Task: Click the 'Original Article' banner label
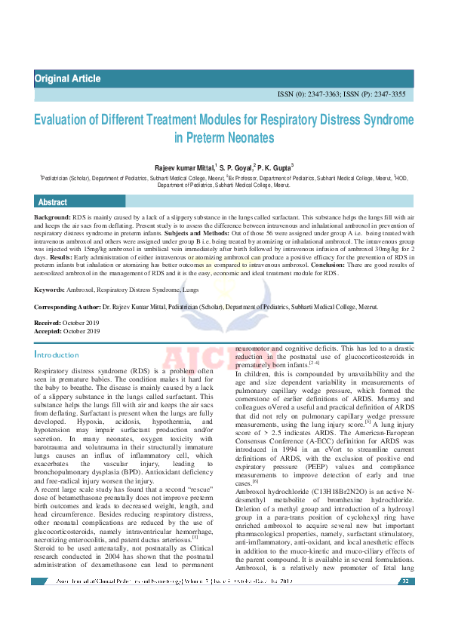[x=67, y=79]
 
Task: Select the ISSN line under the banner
[x=342, y=95]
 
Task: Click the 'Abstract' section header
[x=53, y=202]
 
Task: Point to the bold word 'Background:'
[x=52, y=216]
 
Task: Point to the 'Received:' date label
[x=48, y=323]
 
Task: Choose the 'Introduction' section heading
[x=57, y=355]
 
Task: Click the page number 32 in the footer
[x=405, y=581]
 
